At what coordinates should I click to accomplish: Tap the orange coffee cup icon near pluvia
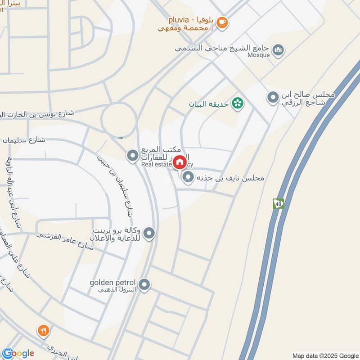pyautogui.click(x=222, y=22)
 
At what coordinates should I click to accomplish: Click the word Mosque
pyautogui.click(x=258, y=55)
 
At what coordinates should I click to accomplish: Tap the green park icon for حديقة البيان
pyautogui.click(x=237, y=104)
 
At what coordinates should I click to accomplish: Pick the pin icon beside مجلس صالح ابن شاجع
pyautogui.click(x=273, y=97)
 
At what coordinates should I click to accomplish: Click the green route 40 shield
pyautogui.click(x=278, y=203)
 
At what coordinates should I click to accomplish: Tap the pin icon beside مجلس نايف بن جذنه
pyautogui.click(x=189, y=178)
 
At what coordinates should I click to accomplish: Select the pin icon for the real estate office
pyautogui.click(x=132, y=156)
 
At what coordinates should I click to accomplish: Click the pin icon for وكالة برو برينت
pyautogui.click(x=149, y=233)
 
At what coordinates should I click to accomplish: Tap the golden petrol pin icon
pyautogui.click(x=144, y=284)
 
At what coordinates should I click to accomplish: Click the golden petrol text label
pyautogui.click(x=112, y=283)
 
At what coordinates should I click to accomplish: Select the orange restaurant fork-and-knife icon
pyautogui.click(x=43, y=332)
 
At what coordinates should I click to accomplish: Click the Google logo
pyautogui.click(x=18, y=353)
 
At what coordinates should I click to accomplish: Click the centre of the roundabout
pyautogui.click(x=119, y=120)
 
